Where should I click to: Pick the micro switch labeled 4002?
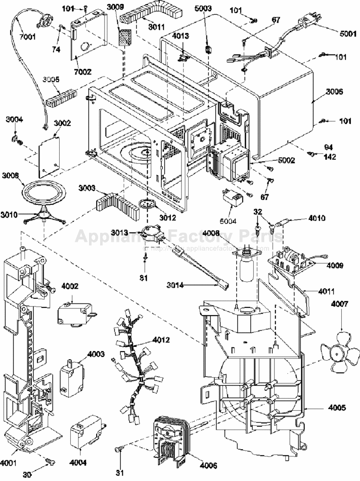(x=73, y=315)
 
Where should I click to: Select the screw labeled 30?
(x=49, y=462)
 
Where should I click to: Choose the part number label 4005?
(x=336, y=407)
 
